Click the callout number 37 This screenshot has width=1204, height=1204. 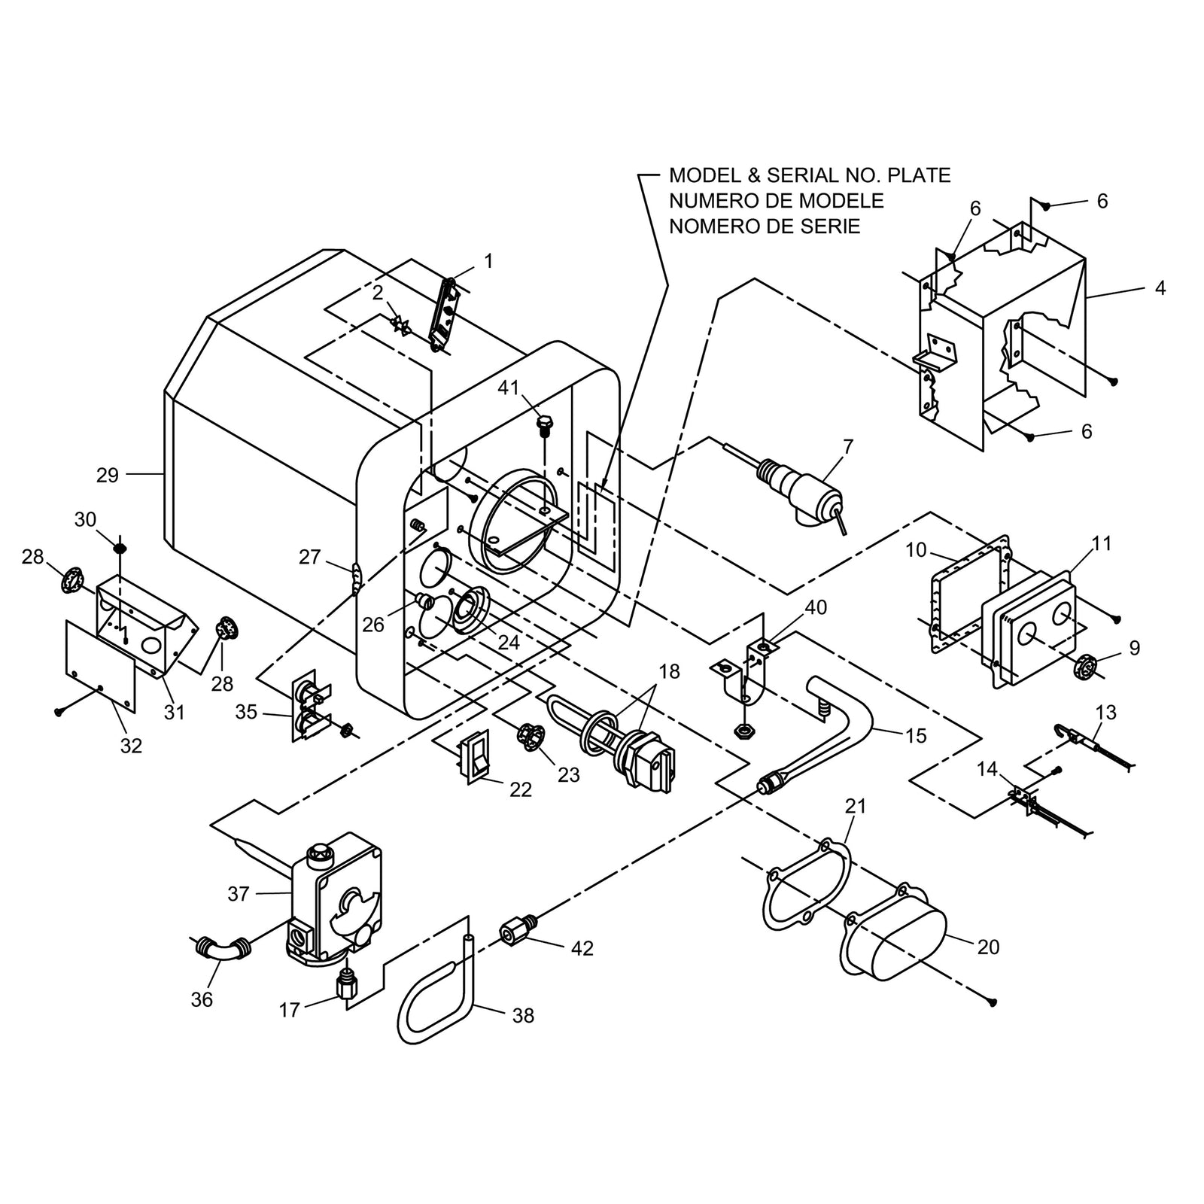click(239, 893)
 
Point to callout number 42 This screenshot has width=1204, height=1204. click(582, 948)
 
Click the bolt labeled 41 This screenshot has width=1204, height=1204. click(544, 426)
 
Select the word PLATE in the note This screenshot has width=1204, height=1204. click(919, 175)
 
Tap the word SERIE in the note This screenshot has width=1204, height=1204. click(831, 227)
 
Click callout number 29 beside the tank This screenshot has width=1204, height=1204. click(108, 475)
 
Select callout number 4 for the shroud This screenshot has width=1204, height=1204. click(1160, 288)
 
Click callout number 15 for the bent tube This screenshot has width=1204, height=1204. click(916, 735)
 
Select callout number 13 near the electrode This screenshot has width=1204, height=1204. click(1106, 712)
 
